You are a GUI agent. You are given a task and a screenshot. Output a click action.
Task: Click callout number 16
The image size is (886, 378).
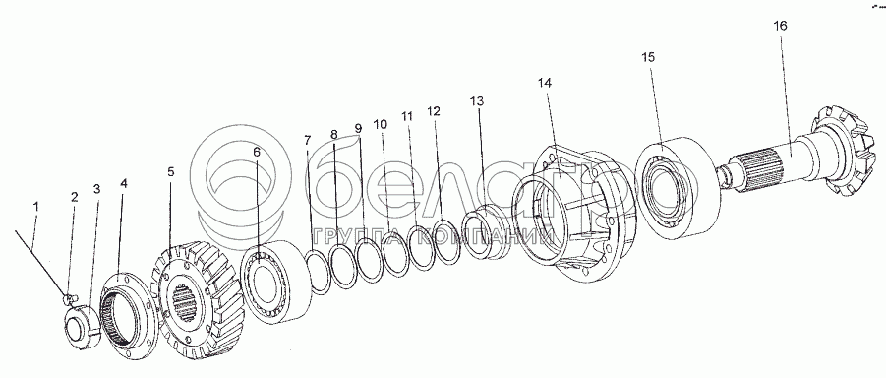click(x=781, y=26)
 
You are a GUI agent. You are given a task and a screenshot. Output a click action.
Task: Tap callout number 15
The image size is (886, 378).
click(x=648, y=57)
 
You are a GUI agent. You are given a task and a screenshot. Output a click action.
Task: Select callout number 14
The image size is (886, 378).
click(x=544, y=83)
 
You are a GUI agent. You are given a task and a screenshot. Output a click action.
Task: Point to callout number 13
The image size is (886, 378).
click(x=477, y=101)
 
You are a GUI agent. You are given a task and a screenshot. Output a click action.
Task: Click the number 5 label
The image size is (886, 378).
click(x=171, y=171)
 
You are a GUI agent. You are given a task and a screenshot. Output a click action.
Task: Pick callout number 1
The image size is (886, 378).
click(x=36, y=207)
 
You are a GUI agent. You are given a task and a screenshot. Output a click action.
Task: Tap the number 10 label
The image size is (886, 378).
click(x=381, y=123)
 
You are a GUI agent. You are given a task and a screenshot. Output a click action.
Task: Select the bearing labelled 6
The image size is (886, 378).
click(x=277, y=282)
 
